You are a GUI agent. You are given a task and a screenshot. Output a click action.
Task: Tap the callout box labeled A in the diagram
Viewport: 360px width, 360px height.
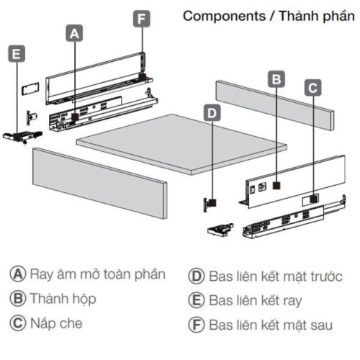(75, 32)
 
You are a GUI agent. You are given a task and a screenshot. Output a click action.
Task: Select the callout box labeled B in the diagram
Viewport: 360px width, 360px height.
(276, 79)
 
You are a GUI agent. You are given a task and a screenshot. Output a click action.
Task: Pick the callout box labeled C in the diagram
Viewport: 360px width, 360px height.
(312, 88)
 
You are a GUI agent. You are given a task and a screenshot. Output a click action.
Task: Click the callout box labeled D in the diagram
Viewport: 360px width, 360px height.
(210, 112)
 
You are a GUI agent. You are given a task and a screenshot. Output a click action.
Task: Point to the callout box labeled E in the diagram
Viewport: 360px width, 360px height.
(17, 53)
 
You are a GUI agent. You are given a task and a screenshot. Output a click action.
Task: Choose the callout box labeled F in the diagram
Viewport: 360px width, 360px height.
(142, 18)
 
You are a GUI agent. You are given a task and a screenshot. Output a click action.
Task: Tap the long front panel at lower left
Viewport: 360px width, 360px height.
(99, 181)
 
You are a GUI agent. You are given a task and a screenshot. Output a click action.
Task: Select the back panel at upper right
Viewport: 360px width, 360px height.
(274, 106)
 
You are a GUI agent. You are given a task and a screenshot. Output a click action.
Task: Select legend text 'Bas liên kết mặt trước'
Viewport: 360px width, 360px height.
(276, 275)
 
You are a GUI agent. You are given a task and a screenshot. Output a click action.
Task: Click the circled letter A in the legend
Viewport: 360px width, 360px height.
(17, 274)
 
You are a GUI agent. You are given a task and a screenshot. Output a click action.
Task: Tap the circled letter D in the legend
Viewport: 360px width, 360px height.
(197, 275)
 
